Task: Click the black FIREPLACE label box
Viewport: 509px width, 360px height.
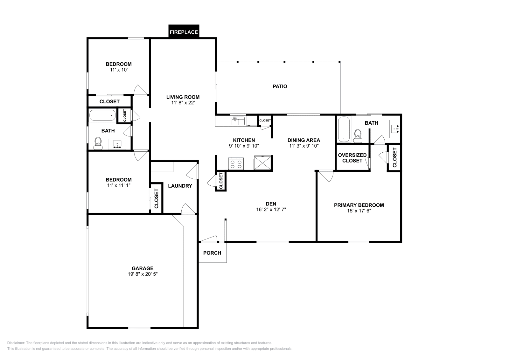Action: click(184, 32)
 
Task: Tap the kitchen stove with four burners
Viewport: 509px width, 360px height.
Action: click(236, 164)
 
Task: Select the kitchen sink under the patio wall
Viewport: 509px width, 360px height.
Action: click(238, 121)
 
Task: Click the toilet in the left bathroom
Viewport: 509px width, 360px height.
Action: click(98, 143)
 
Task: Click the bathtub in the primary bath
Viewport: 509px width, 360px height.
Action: click(344, 129)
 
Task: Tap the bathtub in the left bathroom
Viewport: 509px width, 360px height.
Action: click(102, 115)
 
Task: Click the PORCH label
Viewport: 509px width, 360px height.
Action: click(212, 253)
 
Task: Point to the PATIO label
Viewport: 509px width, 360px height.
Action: click(280, 86)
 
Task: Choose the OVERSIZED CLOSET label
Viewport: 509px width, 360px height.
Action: click(352, 158)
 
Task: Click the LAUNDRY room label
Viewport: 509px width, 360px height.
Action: click(180, 186)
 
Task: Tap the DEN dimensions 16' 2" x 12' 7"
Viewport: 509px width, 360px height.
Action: click(271, 210)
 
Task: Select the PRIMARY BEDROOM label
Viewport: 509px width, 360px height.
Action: click(359, 205)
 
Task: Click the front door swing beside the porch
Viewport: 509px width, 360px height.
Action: click(209, 239)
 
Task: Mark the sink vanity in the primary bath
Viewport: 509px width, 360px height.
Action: click(395, 129)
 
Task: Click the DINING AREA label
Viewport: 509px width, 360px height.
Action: click(304, 140)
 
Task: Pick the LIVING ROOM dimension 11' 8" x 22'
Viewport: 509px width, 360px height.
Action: click(183, 103)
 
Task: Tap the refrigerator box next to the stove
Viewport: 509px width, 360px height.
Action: click(263, 163)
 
